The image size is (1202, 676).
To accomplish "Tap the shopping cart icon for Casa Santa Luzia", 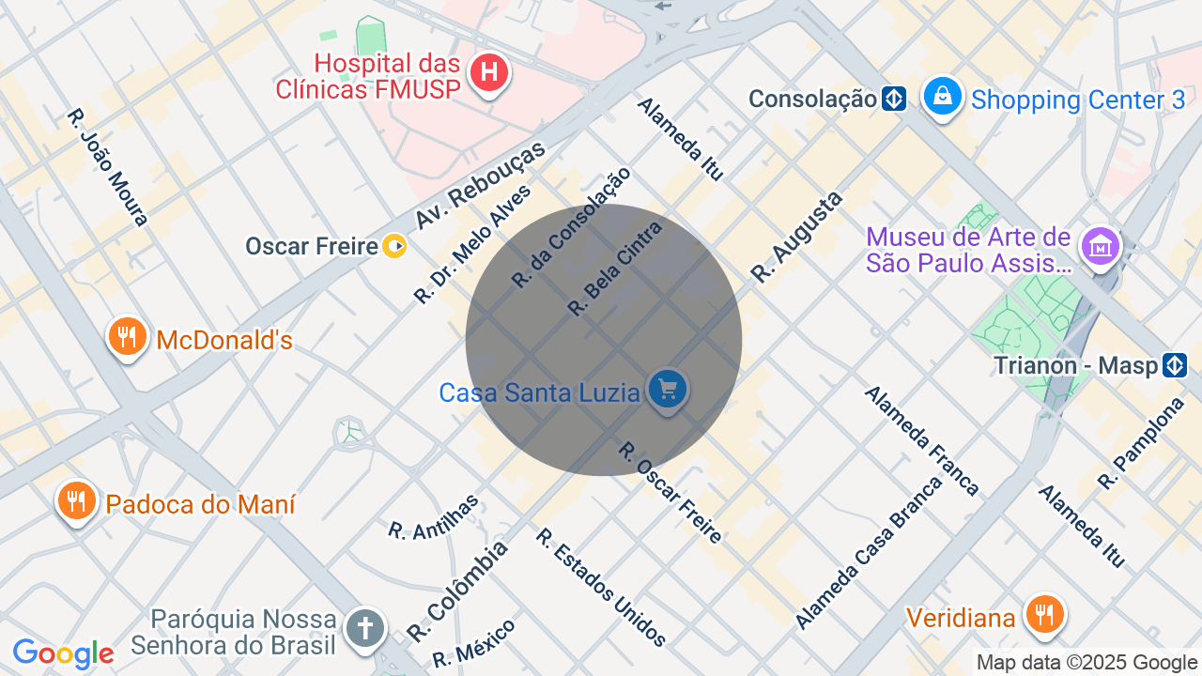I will (x=668, y=389).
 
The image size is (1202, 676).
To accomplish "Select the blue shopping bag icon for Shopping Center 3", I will (x=943, y=97).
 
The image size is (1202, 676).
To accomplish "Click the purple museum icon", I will (x=1098, y=246).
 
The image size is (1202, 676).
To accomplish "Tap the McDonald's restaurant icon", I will (x=127, y=336).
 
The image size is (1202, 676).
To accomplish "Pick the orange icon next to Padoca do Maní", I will (x=76, y=500).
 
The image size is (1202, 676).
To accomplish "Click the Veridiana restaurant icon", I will (x=1042, y=614).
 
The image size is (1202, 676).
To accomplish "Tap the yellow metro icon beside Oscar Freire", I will (x=395, y=247).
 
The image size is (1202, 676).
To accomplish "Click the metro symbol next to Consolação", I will (x=894, y=99).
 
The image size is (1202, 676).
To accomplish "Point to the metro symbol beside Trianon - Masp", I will (x=1175, y=365).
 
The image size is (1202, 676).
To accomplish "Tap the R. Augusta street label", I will (x=797, y=237).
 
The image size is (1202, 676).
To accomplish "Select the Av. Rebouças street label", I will (x=480, y=186).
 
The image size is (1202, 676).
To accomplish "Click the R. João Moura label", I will (x=107, y=167).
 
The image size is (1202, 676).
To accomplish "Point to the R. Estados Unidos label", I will (x=601, y=588).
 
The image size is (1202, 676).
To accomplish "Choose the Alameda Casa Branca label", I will (x=868, y=554).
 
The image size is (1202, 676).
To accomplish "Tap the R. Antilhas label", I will (x=434, y=517).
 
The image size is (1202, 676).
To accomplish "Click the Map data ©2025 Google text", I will (x=1086, y=663).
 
